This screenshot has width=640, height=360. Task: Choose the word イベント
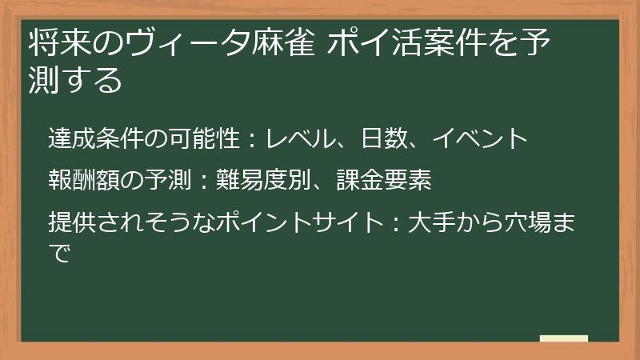480,139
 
